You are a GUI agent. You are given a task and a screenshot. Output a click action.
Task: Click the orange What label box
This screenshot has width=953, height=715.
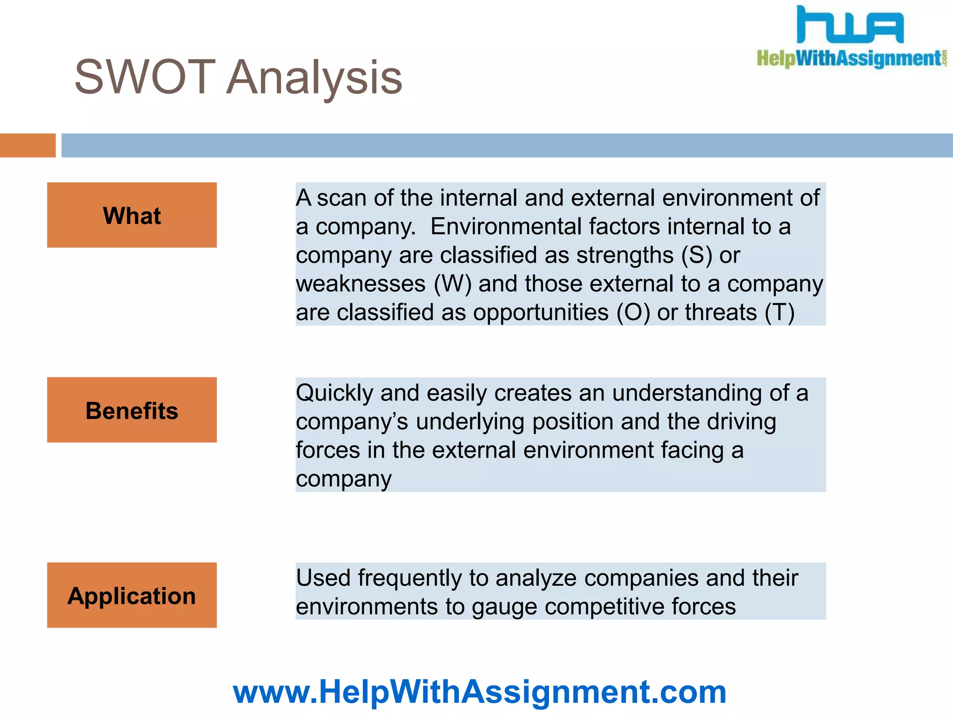tap(132, 215)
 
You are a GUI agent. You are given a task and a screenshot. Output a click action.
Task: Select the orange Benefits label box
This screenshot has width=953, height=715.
tap(132, 410)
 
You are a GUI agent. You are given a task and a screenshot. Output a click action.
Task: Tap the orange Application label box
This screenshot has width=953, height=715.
tap(132, 595)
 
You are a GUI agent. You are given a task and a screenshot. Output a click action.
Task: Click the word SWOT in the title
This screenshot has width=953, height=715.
tap(145, 77)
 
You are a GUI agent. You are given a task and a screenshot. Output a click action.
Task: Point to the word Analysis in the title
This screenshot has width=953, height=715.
tap(315, 77)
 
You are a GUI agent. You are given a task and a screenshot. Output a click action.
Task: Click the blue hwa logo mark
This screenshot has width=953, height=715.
tap(850, 26)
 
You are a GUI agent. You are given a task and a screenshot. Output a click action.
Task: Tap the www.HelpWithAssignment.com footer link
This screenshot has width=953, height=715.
tap(479, 692)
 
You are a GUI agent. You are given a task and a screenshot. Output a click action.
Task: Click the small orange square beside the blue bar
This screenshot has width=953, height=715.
tap(27, 145)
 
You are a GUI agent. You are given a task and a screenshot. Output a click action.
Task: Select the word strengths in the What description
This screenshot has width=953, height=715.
tap(624, 255)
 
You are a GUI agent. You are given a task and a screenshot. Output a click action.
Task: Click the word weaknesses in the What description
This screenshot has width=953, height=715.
tap(361, 284)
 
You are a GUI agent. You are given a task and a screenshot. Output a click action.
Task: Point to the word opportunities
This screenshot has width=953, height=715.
tap(541, 312)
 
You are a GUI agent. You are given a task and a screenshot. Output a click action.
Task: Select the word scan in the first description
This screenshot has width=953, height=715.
tap(342, 198)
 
